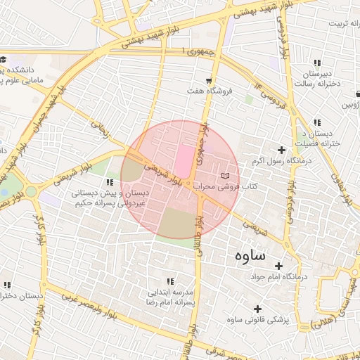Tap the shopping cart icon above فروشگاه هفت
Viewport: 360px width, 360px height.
point(209,80)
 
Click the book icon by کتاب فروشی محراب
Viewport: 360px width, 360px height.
point(225,175)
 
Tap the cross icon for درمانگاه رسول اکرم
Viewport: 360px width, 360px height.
point(282,150)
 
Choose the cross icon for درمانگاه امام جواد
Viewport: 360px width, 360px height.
point(279,266)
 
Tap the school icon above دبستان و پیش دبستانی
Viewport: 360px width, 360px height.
point(109,182)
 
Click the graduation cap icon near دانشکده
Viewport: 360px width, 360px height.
point(3,60)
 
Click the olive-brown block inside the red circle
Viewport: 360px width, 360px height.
point(176,224)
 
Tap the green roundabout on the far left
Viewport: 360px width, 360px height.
point(31,191)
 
